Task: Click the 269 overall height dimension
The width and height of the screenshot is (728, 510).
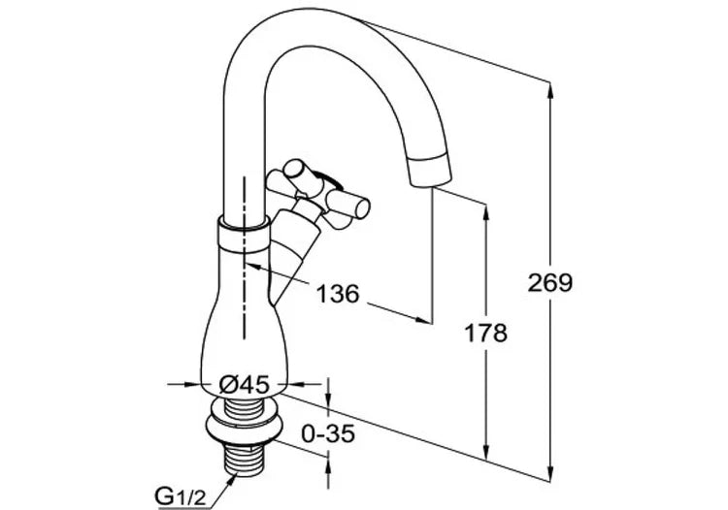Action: (550, 282)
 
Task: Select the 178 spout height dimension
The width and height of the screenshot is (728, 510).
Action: (486, 333)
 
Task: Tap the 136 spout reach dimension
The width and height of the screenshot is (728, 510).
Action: (338, 293)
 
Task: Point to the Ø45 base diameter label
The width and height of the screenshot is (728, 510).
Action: (245, 384)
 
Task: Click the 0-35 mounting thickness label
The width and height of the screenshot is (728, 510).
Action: (328, 433)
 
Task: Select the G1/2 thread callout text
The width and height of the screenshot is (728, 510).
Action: (180, 497)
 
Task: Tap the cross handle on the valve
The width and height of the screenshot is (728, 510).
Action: (318, 195)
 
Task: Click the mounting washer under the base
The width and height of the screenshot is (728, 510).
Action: (244, 425)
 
